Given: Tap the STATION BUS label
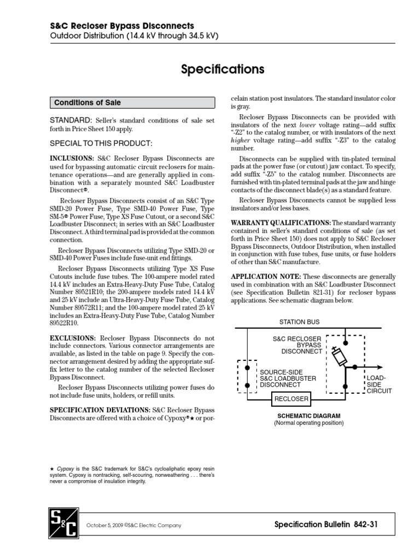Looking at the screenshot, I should tap(299, 322).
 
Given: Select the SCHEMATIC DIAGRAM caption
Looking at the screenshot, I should tap(309, 416).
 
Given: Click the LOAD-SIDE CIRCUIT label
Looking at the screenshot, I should tap(378, 384).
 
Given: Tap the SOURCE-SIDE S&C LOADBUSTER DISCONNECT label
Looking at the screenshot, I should tap(288, 378).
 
